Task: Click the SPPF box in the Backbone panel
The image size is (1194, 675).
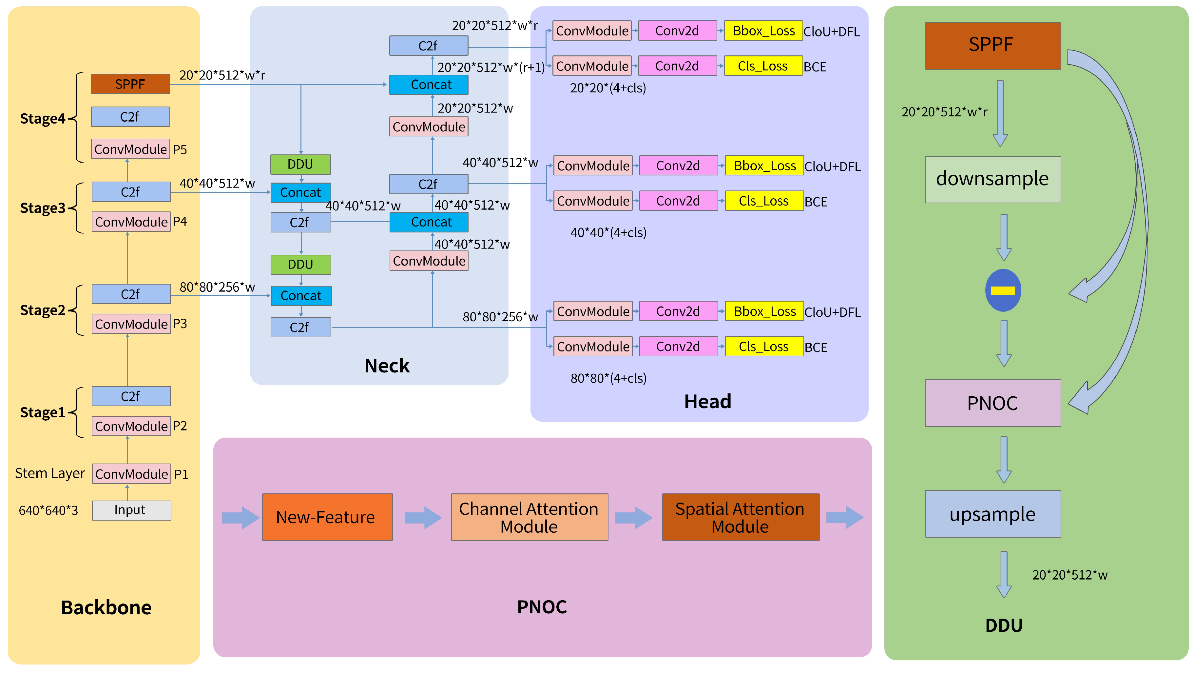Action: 130,84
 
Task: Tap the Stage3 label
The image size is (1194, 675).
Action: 43,208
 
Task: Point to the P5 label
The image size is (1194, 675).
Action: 180,150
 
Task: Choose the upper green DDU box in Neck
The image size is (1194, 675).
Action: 300,164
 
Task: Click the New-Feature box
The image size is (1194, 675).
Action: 327,517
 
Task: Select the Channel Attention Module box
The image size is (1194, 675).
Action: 529,517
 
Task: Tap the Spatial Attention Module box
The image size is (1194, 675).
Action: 740,517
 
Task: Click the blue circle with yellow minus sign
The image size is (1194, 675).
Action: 1003,290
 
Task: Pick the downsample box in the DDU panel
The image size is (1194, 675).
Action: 992,179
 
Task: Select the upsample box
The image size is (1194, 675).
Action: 992,514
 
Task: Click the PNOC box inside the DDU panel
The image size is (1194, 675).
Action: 992,403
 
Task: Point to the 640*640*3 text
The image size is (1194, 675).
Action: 48,510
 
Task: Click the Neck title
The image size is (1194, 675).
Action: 387,366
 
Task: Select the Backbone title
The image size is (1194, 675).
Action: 106,607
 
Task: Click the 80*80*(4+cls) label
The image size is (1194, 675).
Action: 608,378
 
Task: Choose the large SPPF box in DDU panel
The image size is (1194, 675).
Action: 992,46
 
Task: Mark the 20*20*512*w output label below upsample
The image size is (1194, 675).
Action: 1069,575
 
